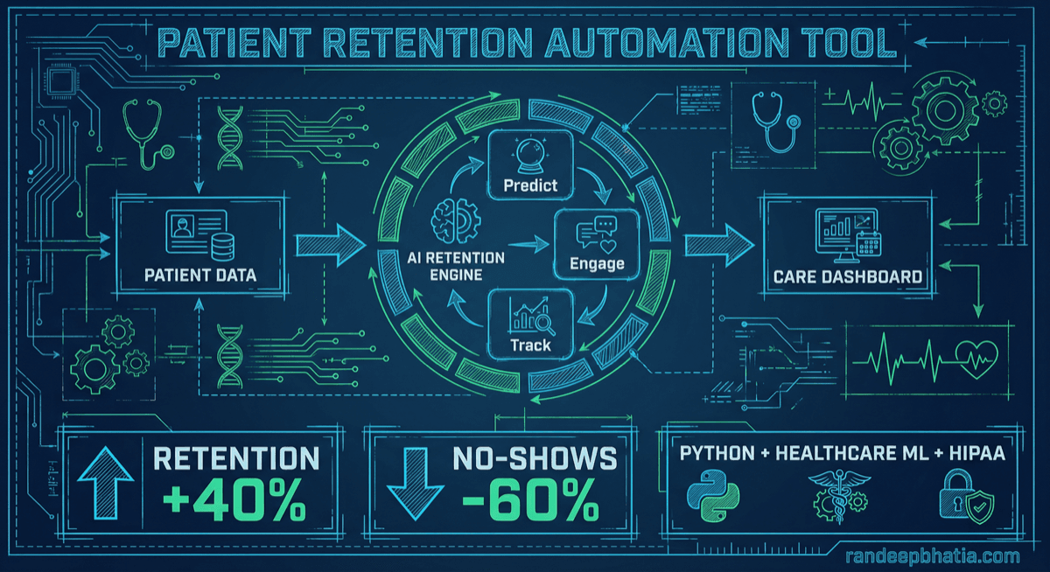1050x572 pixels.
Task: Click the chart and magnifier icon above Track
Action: tap(529, 316)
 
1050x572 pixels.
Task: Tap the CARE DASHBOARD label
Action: tap(847, 277)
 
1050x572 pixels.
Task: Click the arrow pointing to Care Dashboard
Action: tap(717, 242)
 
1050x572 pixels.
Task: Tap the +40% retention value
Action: tap(235, 501)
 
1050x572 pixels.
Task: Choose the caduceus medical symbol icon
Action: tap(838, 493)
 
